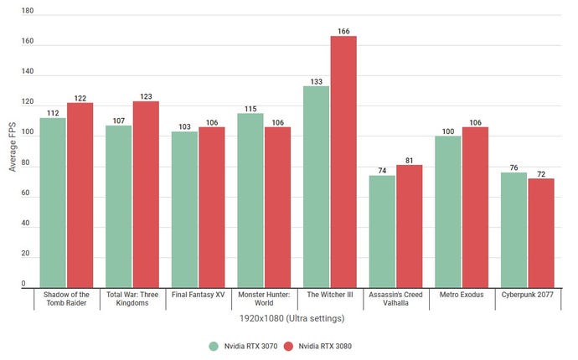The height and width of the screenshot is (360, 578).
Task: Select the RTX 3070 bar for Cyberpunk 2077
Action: tap(514, 230)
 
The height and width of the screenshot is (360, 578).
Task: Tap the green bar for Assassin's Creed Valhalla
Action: tap(383, 231)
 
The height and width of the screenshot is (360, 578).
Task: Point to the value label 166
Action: tap(343, 31)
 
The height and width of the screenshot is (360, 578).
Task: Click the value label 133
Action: tap(317, 81)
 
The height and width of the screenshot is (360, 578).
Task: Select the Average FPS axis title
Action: tap(12, 148)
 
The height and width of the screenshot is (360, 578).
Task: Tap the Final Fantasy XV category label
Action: tap(199, 296)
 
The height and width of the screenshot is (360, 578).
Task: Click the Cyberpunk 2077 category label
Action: tap(528, 296)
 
